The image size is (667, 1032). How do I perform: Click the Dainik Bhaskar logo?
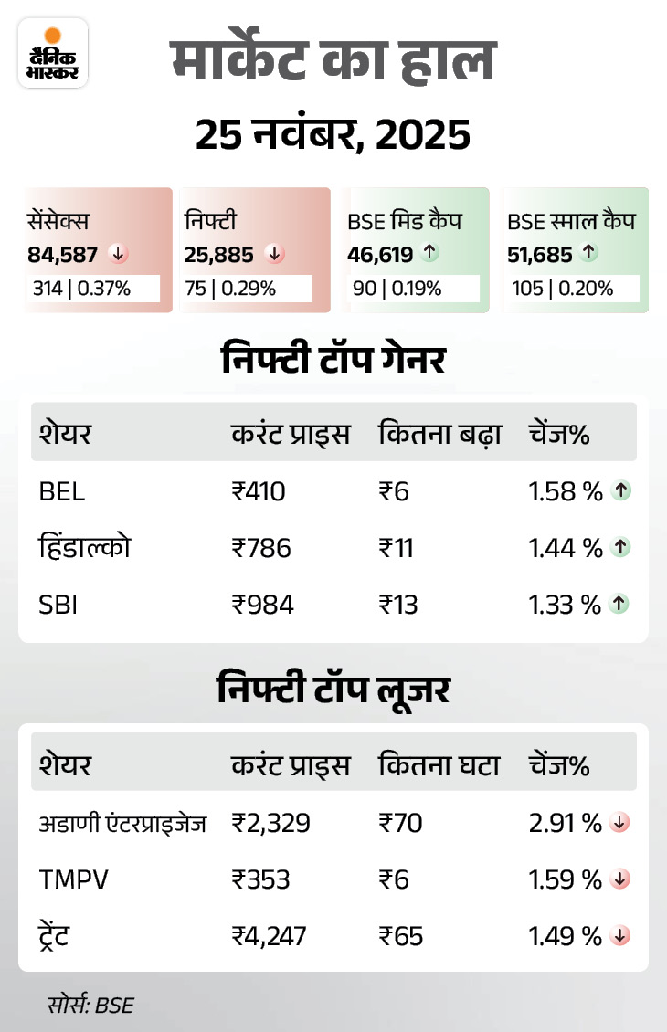(x=53, y=53)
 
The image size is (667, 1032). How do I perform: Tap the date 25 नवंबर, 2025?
(x=333, y=135)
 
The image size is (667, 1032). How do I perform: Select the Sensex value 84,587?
(x=62, y=254)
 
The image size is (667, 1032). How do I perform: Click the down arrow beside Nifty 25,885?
(x=272, y=254)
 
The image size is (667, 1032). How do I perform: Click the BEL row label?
(x=62, y=492)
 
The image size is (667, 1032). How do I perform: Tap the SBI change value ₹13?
(x=397, y=604)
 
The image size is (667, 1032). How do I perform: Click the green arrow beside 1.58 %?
(x=621, y=492)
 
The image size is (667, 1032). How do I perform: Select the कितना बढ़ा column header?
(x=439, y=435)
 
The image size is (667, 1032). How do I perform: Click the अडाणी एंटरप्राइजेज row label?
(x=122, y=824)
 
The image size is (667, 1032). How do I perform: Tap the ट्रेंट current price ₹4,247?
(x=270, y=936)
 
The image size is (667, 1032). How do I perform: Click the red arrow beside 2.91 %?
(x=621, y=824)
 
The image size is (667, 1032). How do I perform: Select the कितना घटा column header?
(x=439, y=765)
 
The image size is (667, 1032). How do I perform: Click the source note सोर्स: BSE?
(x=90, y=1006)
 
